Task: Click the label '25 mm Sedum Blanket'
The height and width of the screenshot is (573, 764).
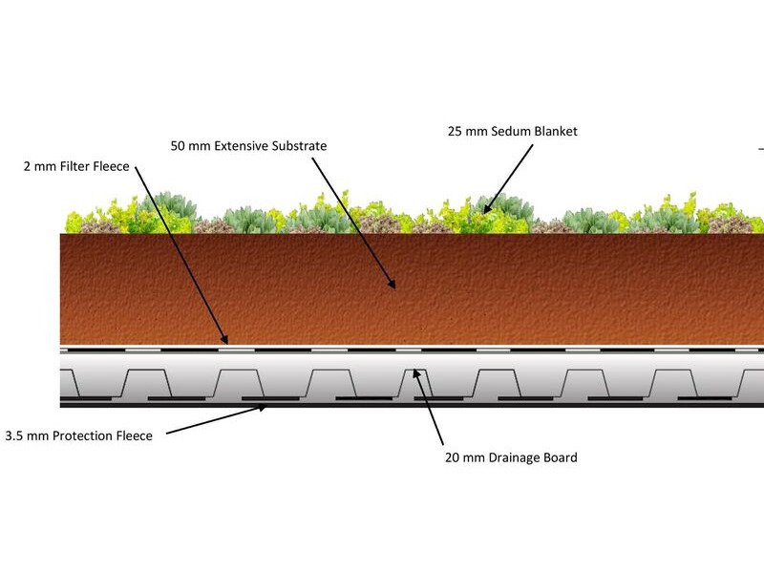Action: coord(513,131)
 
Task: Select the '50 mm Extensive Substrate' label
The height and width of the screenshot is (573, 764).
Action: coord(248,146)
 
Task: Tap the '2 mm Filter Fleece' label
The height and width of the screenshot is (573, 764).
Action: coord(76,166)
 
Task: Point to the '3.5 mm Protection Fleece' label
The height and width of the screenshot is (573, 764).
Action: coord(79,435)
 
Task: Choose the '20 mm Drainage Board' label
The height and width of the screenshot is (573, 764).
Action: coord(511,457)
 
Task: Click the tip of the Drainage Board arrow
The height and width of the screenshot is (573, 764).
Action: coord(414,370)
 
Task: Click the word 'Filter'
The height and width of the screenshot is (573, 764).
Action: coord(74,166)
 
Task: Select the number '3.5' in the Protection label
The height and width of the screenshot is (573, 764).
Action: coord(14,435)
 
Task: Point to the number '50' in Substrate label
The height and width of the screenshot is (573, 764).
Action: coord(177,146)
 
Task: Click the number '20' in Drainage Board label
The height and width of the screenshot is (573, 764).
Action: coord(452,457)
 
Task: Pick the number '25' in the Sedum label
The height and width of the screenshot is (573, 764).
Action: coord(455,131)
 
